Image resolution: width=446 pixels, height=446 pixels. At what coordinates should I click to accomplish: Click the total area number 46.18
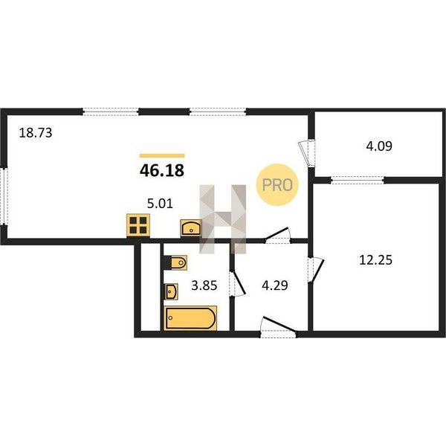[x=162, y=170]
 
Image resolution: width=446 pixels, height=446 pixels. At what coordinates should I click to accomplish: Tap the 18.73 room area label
[x=36, y=133]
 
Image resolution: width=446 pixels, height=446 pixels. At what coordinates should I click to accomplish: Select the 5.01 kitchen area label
[x=160, y=204]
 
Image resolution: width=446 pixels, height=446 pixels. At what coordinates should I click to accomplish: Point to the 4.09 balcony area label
[x=379, y=146]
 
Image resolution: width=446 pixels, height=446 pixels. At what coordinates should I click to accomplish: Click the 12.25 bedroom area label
[x=375, y=260]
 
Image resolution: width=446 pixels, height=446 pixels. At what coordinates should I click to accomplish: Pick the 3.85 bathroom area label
[x=204, y=285]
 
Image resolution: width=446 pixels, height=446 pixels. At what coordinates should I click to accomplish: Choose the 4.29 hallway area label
[x=275, y=285]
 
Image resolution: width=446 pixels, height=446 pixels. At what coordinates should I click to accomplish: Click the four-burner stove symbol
[x=138, y=225]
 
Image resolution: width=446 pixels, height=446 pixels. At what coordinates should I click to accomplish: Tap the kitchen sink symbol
[x=191, y=228]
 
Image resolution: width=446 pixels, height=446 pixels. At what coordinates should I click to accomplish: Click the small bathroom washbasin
[x=171, y=291]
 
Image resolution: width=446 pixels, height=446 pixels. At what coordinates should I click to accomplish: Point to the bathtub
[x=190, y=318]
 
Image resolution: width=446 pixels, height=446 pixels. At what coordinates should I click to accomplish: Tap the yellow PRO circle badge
[x=277, y=185]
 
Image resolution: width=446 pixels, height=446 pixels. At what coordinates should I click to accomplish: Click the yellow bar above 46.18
[x=162, y=155]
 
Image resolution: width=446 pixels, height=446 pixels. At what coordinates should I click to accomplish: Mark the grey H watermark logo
[x=223, y=219]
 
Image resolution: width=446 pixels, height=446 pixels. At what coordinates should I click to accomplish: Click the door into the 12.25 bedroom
[x=316, y=271]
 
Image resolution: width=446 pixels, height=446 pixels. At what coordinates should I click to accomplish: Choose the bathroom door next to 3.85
[x=237, y=284]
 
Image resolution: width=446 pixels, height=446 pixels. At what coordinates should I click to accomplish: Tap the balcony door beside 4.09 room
[x=307, y=152]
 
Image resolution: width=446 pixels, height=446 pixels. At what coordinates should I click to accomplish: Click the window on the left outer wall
[x=4, y=196]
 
